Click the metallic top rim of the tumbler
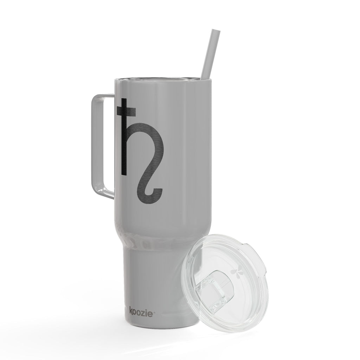(x=162, y=79)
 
